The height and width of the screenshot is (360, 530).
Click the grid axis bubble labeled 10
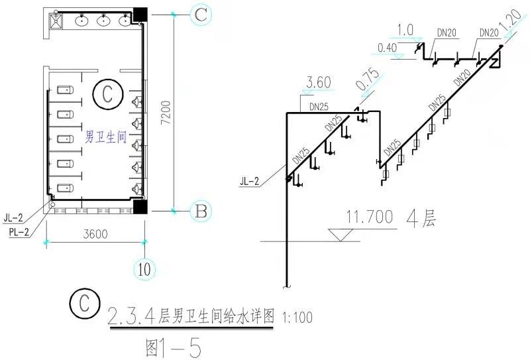[145, 269]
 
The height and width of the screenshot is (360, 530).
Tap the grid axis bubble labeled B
[200, 212]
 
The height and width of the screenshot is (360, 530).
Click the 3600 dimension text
[97, 233]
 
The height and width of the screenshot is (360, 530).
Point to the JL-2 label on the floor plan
[13, 217]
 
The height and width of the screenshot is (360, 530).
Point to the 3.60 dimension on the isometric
[319, 84]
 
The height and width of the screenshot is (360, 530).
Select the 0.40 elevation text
[388, 47]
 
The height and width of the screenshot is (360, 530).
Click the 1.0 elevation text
[405, 30]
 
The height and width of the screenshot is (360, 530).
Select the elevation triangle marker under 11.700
[343, 233]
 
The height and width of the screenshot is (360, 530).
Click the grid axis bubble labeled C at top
[201, 14]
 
